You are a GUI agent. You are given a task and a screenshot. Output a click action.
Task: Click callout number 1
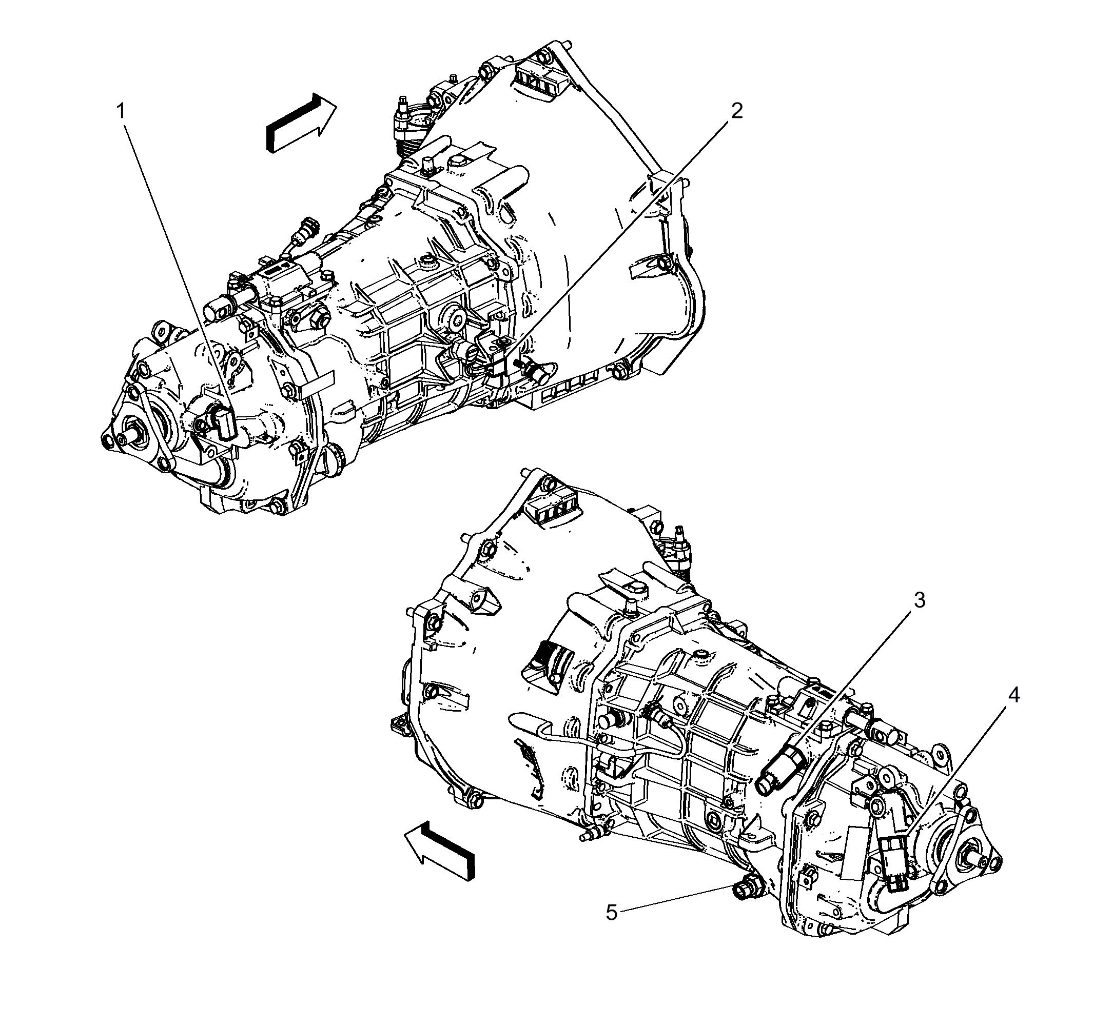(x=121, y=112)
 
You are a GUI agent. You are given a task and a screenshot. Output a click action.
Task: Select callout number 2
(x=736, y=111)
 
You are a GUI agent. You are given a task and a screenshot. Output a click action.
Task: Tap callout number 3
(x=920, y=600)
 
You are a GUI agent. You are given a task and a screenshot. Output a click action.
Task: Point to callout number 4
(x=1014, y=696)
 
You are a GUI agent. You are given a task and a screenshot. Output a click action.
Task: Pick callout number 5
(x=612, y=913)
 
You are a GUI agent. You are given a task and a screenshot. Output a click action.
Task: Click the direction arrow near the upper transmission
(x=300, y=123)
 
